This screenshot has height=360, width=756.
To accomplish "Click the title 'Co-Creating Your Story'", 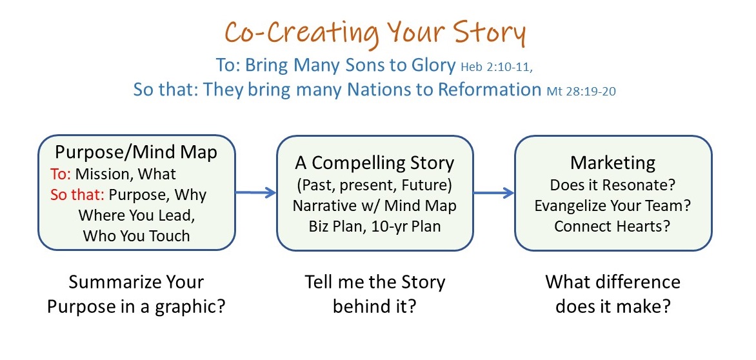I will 375,32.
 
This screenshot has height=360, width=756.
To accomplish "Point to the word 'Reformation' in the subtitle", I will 489,89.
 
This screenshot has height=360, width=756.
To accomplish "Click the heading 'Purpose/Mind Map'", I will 136,152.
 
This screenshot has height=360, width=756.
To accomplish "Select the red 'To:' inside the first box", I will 61,174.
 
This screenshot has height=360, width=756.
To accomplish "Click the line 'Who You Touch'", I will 137,235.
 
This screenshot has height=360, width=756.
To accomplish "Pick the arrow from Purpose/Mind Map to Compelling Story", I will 255,192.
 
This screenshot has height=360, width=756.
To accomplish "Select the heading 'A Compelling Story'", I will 375,163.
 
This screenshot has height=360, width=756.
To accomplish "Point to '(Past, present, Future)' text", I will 375,185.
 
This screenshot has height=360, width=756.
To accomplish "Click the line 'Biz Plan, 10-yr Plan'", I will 375,226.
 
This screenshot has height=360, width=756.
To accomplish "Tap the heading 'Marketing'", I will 613,163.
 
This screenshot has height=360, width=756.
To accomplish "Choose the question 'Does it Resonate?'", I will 613,185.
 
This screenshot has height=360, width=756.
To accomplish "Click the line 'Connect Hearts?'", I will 613,226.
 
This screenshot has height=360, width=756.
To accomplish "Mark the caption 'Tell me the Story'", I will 375,283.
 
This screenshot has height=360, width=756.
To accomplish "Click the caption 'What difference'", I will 613,283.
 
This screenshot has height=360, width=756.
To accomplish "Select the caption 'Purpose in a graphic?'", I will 136,305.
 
